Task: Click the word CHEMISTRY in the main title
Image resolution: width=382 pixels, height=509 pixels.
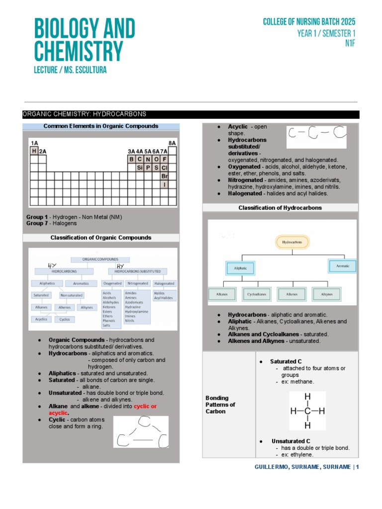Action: (78, 52)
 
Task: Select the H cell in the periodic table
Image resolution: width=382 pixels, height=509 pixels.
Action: (34, 151)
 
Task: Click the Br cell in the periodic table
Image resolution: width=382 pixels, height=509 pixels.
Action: (165, 176)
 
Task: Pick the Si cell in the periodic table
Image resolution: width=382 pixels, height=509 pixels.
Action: (140, 168)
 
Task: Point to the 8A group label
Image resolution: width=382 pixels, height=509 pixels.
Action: (172, 143)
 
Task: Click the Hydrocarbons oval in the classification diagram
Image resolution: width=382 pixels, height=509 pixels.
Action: (292, 243)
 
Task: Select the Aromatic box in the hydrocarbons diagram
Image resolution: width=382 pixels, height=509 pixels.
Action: (343, 266)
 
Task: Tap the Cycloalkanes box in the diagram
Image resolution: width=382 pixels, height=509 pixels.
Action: (256, 294)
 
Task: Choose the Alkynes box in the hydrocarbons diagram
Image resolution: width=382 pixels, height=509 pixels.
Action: (327, 294)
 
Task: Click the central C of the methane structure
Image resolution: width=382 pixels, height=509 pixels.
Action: (307, 411)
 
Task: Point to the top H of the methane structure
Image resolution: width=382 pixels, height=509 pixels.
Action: (307, 397)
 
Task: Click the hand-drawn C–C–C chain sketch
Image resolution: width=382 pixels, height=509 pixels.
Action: (316, 135)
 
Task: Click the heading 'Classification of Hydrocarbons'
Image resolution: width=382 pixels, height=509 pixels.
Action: (280, 208)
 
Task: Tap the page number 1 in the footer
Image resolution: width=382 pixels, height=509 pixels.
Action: (357, 467)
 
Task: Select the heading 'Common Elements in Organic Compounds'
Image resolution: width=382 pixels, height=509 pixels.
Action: (101, 126)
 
